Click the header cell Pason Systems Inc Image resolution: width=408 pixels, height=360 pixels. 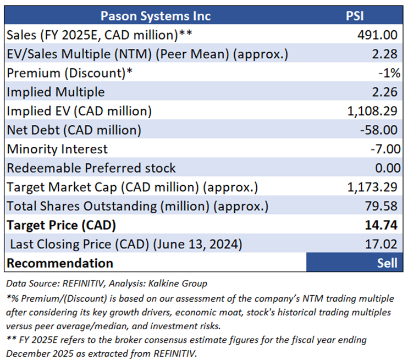point(156,16)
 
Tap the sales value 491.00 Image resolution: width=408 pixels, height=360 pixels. point(377,35)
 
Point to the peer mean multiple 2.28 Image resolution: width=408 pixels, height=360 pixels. point(386,54)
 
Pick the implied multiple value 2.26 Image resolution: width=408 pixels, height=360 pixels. point(386,92)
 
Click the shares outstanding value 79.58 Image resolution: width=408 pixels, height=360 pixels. point(383,206)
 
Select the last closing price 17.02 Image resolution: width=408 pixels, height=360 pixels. point(383,244)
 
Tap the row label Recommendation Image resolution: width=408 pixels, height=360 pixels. point(60,263)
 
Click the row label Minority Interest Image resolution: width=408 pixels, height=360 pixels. point(57,149)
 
